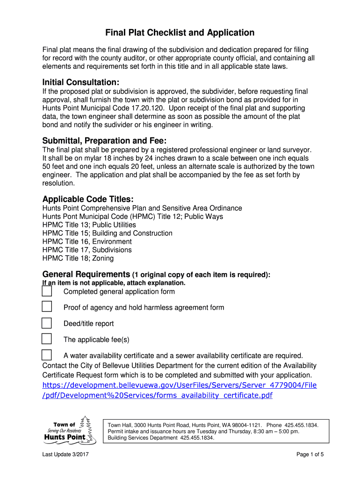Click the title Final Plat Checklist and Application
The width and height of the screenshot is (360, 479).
180,33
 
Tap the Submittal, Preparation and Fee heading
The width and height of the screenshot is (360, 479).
104,141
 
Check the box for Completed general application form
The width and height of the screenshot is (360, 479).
47,291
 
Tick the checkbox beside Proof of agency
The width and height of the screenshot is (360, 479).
47,307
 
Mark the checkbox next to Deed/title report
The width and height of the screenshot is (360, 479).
47,323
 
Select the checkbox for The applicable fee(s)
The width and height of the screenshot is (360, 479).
47,339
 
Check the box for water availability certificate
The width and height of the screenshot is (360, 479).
47,355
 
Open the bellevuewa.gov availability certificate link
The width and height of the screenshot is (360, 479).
180,390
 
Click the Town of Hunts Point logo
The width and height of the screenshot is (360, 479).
70,429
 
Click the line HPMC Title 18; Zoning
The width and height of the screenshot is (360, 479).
78,258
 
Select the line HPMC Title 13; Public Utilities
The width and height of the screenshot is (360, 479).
89,225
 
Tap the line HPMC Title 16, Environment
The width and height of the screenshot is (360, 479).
87,242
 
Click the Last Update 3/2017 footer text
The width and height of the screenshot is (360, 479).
65,455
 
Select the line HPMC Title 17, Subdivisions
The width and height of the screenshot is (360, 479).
87,250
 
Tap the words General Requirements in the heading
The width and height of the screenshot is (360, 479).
86,274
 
